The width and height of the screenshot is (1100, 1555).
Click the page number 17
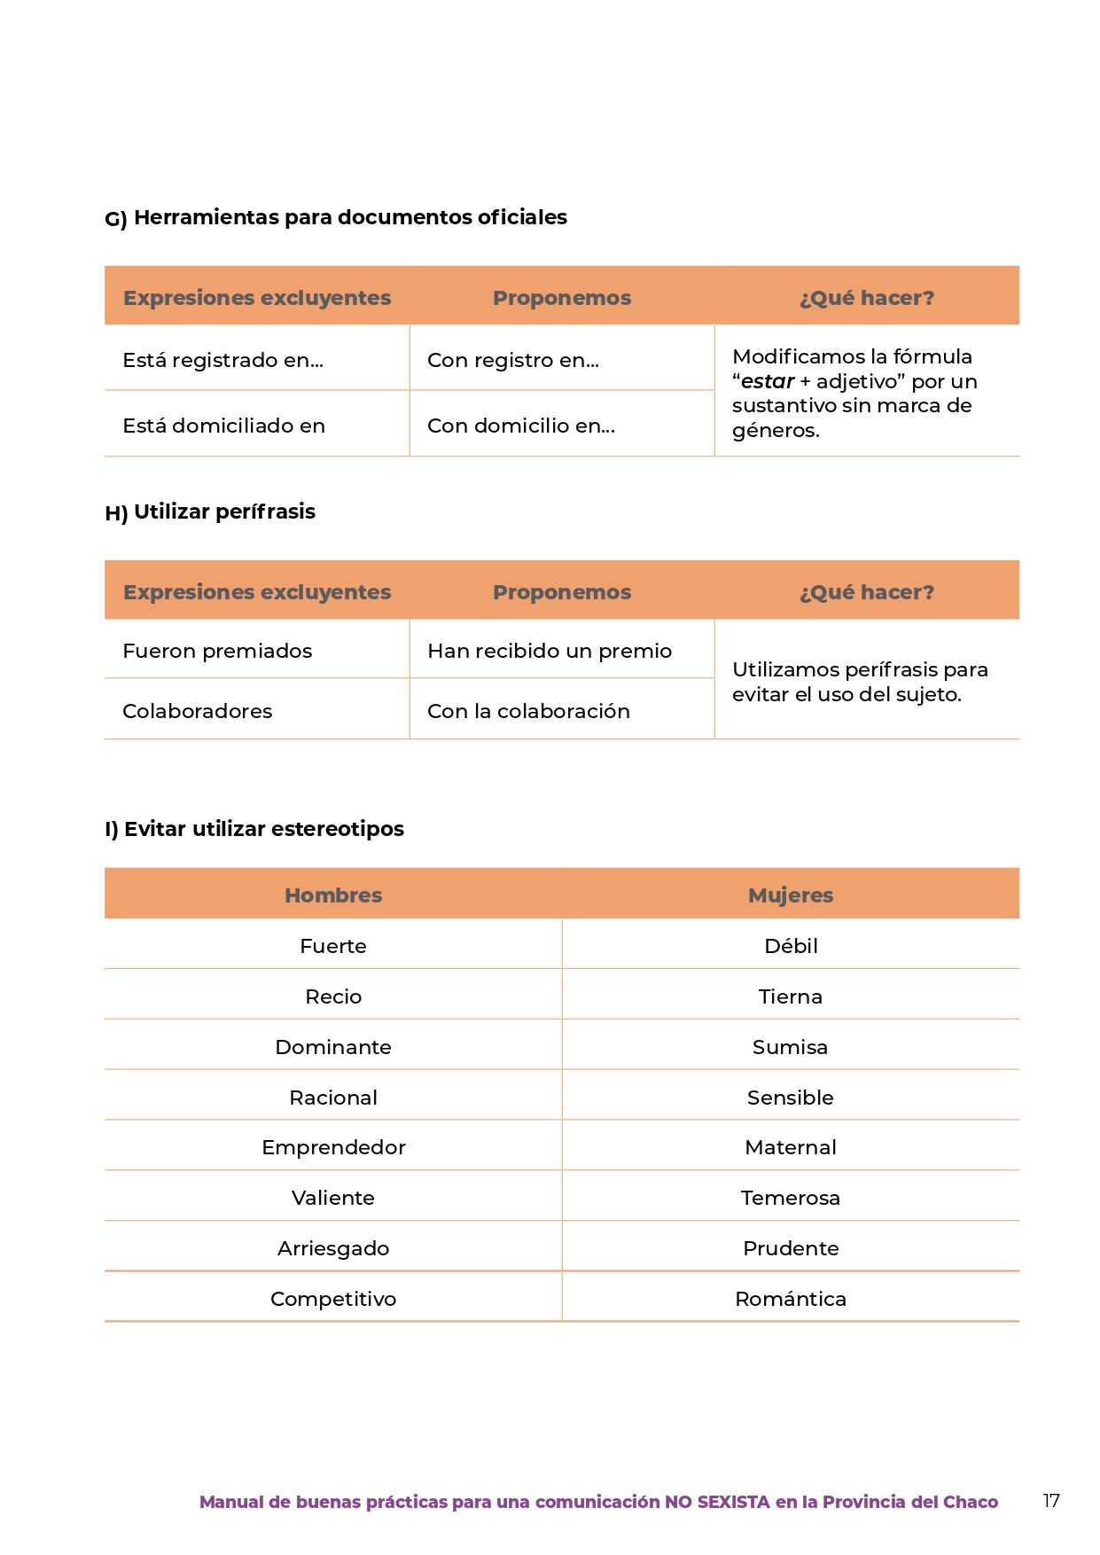[x=1050, y=1500]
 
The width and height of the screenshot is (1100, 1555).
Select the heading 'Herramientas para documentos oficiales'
[x=350, y=217]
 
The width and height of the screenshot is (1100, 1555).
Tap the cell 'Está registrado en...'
[x=222, y=360]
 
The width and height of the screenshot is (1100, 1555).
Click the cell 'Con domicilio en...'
[x=520, y=426]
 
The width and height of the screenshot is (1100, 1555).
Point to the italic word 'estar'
[x=768, y=381]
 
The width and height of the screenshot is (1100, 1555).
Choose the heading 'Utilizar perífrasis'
[x=224, y=512]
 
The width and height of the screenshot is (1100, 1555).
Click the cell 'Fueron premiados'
[x=217, y=651]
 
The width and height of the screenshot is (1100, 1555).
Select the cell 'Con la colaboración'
[x=528, y=711]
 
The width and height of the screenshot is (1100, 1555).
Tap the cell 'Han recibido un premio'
[x=550, y=651]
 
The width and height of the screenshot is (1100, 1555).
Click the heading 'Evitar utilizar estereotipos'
[x=263, y=829]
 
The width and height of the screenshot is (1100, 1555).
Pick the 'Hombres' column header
[x=333, y=895]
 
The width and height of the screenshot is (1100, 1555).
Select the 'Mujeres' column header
[x=791, y=895]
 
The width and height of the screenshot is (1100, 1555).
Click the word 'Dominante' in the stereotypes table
[x=333, y=1047]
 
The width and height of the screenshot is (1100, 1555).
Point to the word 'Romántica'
[x=791, y=1299]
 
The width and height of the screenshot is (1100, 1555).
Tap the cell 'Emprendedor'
[x=333, y=1147]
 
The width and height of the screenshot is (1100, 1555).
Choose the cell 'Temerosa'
[x=791, y=1198]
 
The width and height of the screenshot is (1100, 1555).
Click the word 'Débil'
[x=791, y=946]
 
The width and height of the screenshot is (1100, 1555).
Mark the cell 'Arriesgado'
[x=333, y=1248]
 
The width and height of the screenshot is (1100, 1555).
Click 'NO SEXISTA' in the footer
[x=717, y=1502]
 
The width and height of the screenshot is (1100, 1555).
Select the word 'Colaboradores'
[x=197, y=711]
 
